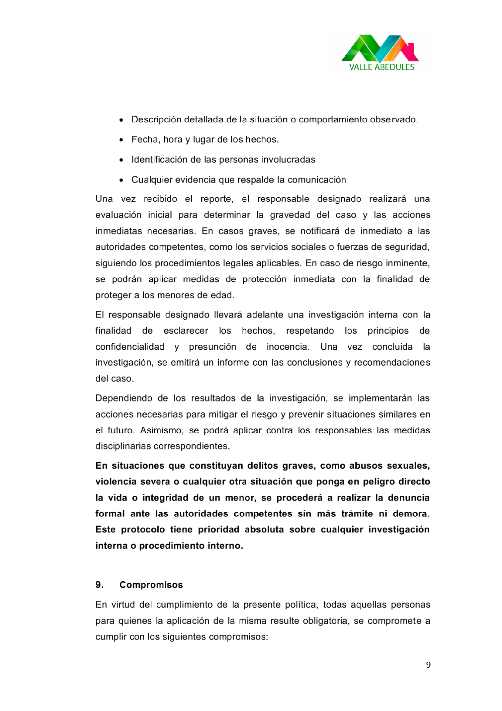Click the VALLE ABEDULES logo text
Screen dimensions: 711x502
[x=381, y=67]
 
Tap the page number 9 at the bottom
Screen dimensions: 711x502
[x=428, y=664]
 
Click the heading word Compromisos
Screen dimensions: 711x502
[x=151, y=585]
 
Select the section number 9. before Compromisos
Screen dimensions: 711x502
[x=99, y=585]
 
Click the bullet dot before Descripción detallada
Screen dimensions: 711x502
[x=121, y=120]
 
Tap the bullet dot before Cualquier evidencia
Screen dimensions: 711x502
[x=121, y=180]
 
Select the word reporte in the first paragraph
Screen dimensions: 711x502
[x=217, y=199]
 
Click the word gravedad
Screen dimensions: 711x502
[x=290, y=215]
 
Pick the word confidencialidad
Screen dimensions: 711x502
[x=130, y=346]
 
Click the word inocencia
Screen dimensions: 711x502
[x=288, y=346]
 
